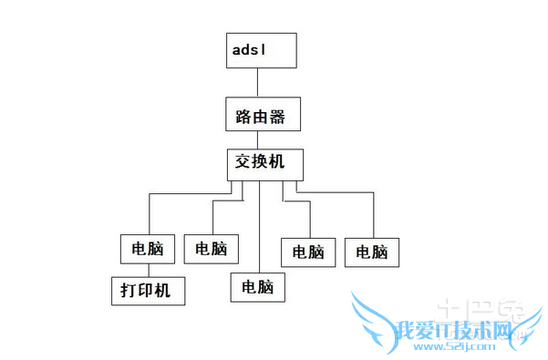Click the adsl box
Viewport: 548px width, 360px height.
(x=262, y=51)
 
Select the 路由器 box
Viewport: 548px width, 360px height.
(x=262, y=116)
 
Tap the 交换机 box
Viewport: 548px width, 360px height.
(x=264, y=164)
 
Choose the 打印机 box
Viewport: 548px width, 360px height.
(x=148, y=291)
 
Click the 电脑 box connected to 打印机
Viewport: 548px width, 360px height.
(x=147, y=248)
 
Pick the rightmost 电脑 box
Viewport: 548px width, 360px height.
(x=372, y=252)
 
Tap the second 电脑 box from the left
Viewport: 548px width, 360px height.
(x=212, y=248)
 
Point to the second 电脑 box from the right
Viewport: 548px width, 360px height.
(x=308, y=252)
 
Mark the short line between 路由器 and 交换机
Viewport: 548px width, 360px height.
(x=258, y=139)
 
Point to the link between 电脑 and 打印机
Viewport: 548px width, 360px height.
(x=147, y=269)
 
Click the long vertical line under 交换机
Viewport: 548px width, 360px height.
(x=261, y=228)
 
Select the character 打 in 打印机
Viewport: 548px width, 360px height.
(x=129, y=292)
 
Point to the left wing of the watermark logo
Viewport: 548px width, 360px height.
(x=374, y=319)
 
